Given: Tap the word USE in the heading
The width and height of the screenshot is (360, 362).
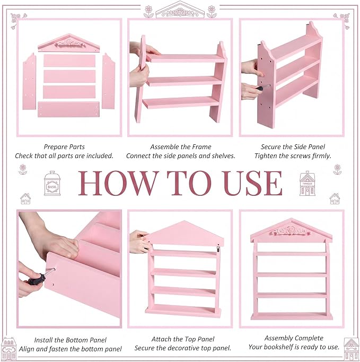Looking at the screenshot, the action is click(x=253, y=183).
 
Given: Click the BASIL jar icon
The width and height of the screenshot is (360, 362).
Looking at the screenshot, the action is click(x=52, y=183).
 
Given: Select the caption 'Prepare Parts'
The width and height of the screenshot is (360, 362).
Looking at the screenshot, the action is click(x=64, y=147).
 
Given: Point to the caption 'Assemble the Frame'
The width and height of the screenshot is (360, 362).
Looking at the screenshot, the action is click(x=181, y=147).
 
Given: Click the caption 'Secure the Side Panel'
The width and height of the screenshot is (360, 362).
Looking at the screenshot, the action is click(x=293, y=147).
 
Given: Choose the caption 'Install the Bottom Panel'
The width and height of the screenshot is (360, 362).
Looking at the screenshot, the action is click(x=70, y=340).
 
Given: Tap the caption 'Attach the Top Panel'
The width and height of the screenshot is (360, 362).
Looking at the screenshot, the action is click(x=183, y=339).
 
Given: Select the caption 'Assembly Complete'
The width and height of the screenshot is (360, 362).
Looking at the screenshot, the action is click(x=294, y=338).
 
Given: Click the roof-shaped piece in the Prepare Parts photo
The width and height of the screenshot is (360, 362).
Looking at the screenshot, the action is click(x=69, y=43).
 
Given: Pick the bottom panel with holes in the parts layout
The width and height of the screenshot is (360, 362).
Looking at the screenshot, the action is click(x=68, y=109).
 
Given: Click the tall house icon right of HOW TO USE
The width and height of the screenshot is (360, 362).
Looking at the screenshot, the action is click(x=307, y=183).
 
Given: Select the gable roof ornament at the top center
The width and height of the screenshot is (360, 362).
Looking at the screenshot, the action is click(x=180, y=10).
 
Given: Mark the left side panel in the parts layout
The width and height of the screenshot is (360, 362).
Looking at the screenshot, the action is click(x=29, y=82).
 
